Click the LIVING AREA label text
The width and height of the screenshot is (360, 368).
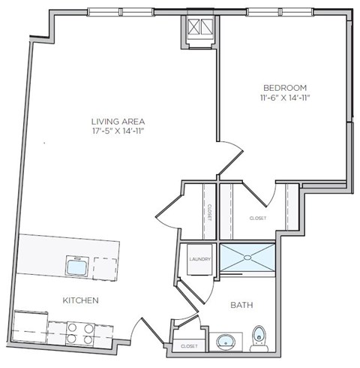(x=118, y=121)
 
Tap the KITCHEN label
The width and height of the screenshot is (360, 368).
(x=80, y=300)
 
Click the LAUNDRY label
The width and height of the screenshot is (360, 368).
(x=199, y=260)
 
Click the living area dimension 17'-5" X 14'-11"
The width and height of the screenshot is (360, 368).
(x=118, y=131)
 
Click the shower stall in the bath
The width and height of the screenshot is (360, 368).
(x=247, y=260)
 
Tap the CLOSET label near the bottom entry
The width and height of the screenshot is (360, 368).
(x=189, y=346)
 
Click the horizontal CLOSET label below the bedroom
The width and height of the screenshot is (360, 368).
(x=257, y=219)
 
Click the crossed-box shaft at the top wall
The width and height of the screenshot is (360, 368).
(x=199, y=29)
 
